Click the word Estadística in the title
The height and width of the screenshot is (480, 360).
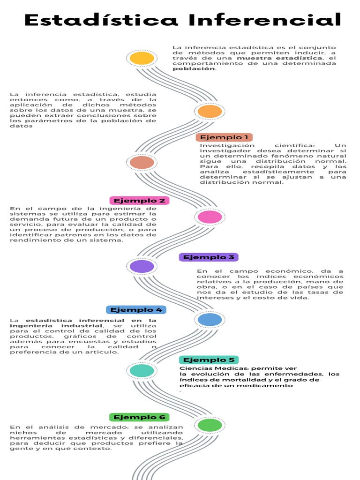click(x=101, y=20)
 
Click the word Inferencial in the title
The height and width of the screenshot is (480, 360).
click(x=265, y=20)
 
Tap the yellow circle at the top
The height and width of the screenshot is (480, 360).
click(x=142, y=58)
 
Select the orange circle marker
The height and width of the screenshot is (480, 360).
click(x=210, y=111)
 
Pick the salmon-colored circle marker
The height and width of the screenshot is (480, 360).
click(x=142, y=163)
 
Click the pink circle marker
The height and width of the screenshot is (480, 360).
click(x=210, y=217)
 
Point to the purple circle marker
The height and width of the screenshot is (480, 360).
click(x=142, y=266)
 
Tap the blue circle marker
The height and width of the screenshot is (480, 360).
click(x=210, y=320)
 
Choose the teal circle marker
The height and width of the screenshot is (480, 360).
click(x=142, y=370)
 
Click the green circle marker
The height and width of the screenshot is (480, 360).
click(x=210, y=425)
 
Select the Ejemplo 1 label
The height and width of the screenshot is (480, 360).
click(x=224, y=137)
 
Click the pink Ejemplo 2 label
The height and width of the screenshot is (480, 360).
click(x=139, y=201)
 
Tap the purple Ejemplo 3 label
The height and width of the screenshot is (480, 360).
click(x=209, y=257)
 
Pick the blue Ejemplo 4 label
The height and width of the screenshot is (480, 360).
click(x=136, y=310)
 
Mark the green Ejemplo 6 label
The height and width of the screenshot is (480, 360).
click(x=139, y=417)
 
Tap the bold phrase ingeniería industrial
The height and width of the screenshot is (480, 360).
click(x=61, y=326)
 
